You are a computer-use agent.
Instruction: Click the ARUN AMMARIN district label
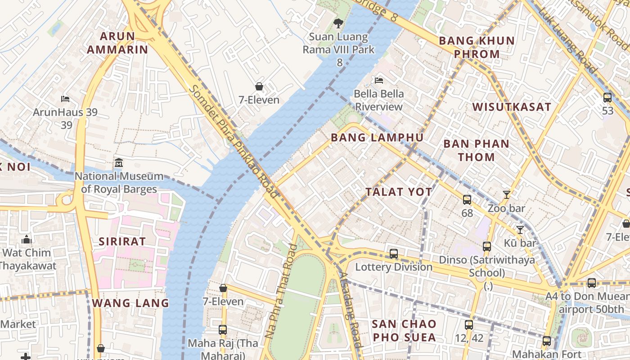coord(117,43)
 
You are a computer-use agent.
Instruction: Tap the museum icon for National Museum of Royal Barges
coord(119,162)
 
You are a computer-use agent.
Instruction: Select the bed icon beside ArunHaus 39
coord(65,99)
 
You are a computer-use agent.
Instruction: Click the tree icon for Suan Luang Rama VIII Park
coord(338,23)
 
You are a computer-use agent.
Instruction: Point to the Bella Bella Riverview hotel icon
coord(379,81)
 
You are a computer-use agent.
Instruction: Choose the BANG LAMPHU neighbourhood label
coord(377,138)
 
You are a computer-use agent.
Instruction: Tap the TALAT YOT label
coord(399,192)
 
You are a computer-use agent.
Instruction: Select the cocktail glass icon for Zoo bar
coord(507,195)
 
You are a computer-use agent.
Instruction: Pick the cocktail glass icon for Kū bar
coord(520,230)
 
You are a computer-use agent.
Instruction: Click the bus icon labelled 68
coord(467,199)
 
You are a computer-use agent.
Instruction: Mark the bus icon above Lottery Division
coord(394,254)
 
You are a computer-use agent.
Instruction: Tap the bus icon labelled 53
coord(607,97)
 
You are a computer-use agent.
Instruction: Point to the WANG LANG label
coord(130,303)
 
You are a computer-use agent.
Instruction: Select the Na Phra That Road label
coord(282,291)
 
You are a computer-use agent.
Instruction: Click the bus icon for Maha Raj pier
coord(223,330)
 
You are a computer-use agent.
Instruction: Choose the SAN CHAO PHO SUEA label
coord(404,330)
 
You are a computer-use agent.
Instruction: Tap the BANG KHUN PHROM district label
coord(477,47)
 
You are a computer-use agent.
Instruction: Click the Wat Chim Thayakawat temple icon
coord(27,239)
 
